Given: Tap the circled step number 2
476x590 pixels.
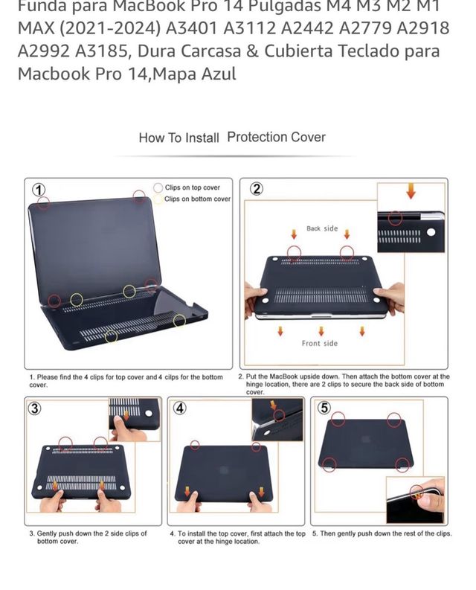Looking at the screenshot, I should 256,189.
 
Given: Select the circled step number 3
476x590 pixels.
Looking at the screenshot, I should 34,408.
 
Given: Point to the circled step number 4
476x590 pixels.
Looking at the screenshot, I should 180,408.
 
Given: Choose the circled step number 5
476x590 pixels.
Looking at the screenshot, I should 324,408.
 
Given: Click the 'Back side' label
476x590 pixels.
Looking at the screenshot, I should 322,228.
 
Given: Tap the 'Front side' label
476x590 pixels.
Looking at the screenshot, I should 320,343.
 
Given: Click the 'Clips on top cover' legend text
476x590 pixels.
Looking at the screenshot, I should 192,188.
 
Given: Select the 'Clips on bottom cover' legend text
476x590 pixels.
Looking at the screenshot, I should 197,199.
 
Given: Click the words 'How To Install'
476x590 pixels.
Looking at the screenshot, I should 178,138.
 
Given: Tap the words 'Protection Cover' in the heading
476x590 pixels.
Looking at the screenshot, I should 276,137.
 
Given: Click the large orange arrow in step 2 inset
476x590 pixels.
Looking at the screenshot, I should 411,193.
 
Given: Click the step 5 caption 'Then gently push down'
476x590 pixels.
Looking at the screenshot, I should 382,533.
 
